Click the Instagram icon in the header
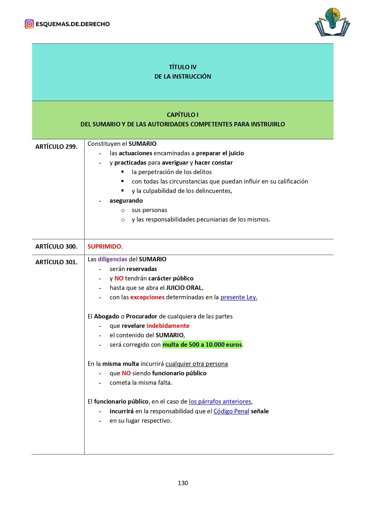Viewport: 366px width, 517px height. point(29,24)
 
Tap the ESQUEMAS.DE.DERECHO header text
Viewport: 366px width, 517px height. point(73,24)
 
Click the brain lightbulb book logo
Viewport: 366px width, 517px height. point(332,23)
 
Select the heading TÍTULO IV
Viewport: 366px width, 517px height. point(183,67)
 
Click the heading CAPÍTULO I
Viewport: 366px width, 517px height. point(183,115)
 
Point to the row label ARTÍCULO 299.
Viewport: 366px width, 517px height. point(56,147)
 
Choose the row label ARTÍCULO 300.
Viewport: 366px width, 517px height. point(56,247)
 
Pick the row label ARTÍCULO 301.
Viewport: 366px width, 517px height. point(56,262)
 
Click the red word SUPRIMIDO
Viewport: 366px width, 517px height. point(105,247)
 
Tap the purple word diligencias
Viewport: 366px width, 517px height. point(112,259)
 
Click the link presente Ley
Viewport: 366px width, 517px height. point(239,297)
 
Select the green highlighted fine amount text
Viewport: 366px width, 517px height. point(202,345)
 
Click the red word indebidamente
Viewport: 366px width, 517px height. point(168,326)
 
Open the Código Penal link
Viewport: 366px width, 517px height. point(231,411)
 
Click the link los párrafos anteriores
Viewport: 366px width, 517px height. point(220,402)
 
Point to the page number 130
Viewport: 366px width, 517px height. point(183,483)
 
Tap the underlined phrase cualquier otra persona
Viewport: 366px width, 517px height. point(196,364)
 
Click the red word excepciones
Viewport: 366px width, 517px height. point(147,297)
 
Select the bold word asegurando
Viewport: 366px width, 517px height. point(126,201)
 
